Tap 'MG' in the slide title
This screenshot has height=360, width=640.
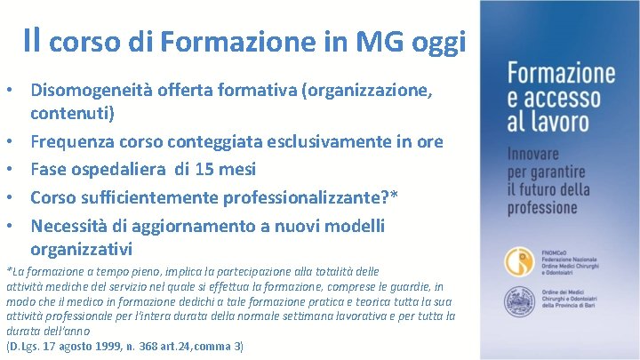pyautogui.click(x=383, y=40)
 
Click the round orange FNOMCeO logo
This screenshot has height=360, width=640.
pyautogui.click(x=519, y=260)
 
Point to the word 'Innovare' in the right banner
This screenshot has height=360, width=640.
pyautogui.click(x=537, y=153)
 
